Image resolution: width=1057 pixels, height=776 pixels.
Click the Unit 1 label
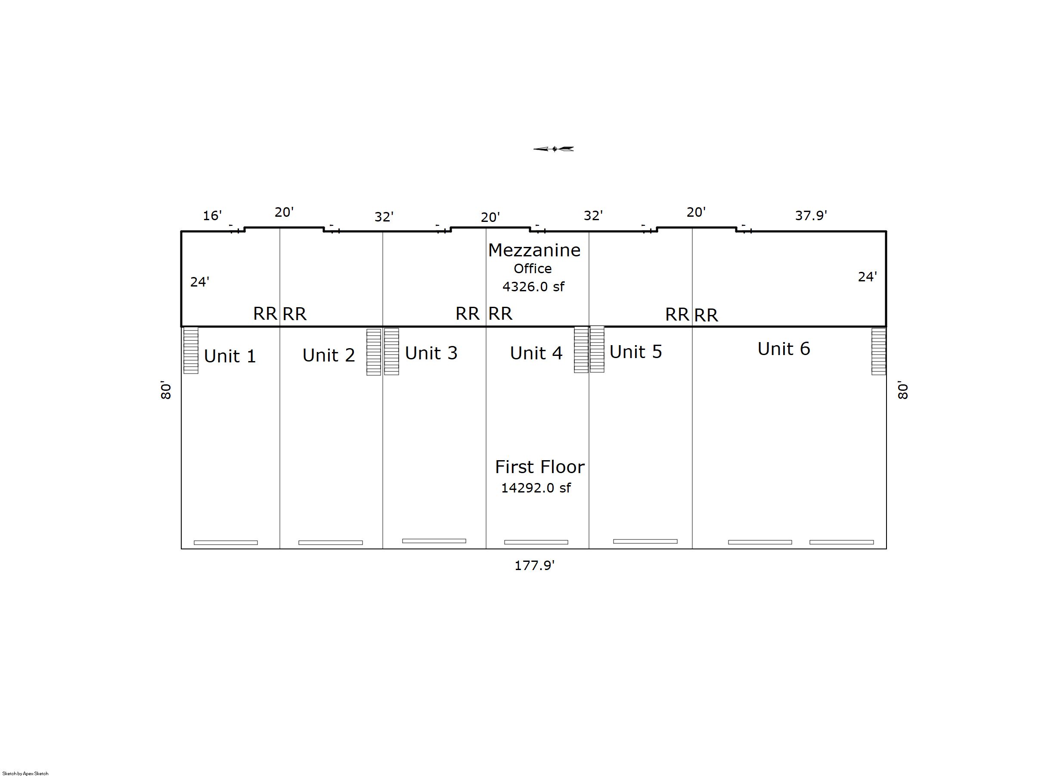click(x=230, y=356)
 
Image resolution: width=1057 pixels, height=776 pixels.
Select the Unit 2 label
click(x=329, y=355)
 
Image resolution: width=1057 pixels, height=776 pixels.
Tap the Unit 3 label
click(x=431, y=353)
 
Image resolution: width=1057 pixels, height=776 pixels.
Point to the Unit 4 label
click(x=536, y=353)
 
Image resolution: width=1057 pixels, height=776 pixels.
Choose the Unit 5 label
click(x=635, y=352)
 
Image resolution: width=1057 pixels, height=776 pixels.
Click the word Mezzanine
click(x=534, y=250)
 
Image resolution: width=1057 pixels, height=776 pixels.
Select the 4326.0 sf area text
click(x=533, y=287)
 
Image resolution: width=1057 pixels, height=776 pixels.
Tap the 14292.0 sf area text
click(x=536, y=488)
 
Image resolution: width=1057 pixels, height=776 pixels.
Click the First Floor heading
click(x=540, y=467)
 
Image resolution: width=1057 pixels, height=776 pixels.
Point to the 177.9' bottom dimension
click(x=534, y=565)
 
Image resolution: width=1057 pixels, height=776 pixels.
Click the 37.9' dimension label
click(x=811, y=215)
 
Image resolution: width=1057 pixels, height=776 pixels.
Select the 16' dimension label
click(x=212, y=215)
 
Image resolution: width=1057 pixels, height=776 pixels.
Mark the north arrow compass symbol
click(x=553, y=149)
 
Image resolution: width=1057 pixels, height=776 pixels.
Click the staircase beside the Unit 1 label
click(x=191, y=350)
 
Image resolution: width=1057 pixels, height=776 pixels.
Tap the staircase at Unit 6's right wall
click(x=879, y=351)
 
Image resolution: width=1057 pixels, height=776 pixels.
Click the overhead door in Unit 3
click(x=434, y=541)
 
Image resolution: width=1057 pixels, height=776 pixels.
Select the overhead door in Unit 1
click(x=226, y=542)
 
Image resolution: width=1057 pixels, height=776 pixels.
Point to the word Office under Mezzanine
click(x=532, y=269)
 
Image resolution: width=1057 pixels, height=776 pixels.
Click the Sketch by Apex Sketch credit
click(x=25, y=773)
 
